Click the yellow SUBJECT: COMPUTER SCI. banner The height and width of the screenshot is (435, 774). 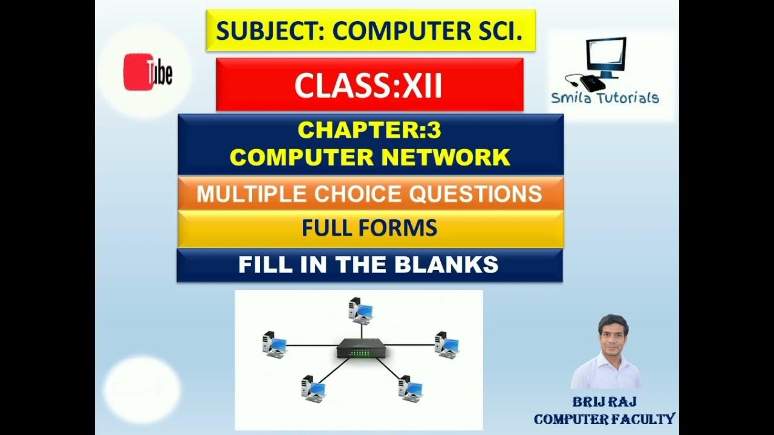pyautogui.click(x=369, y=30)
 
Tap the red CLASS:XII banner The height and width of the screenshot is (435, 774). pyautogui.click(x=369, y=85)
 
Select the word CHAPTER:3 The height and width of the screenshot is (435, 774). pyautogui.click(x=369, y=130)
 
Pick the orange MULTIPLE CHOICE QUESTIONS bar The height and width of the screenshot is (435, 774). pyautogui.click(x=369, y=194)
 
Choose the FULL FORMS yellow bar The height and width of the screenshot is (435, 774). pyautogui.click(x=369, y=228)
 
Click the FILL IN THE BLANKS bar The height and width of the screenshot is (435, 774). pyautogui.click(x=369, y=265)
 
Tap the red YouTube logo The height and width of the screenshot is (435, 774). pyautogui.click(x=148, y=72)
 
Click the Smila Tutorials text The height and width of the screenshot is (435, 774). pyautogui.click(x=605, y=98)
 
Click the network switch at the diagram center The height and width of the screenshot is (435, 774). pyautogui.click(x=362, y=349)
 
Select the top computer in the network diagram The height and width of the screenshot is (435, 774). pyautogui.click(x=361, y=311)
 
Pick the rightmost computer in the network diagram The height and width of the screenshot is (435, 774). pyautogui.click(x=447, y=345)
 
